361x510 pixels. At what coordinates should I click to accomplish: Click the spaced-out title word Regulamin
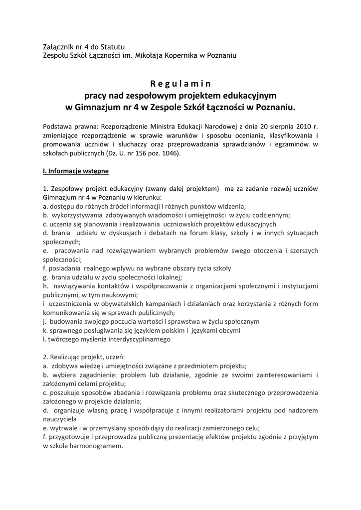(x=180, y=83)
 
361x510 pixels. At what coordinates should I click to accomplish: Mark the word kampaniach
(x=155, y=304)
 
